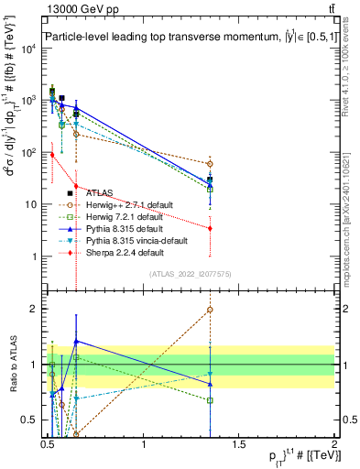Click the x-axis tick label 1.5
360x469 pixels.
241,445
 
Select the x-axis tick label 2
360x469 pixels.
335,445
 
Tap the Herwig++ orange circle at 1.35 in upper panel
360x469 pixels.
211,164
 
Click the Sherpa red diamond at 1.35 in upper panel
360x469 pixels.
211,228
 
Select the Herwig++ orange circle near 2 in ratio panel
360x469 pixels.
211,310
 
